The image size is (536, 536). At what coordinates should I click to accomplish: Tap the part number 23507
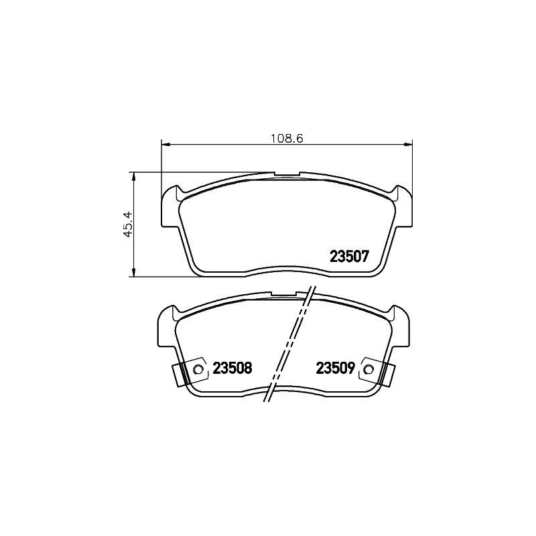click(349, 256)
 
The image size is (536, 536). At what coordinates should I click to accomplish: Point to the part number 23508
click(232, 368)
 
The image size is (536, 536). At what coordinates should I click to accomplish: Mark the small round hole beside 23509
click(367, 368)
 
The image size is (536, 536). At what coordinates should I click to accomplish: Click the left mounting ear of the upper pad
click(170, 208)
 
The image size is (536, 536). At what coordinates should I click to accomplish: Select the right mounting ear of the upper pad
click(403, 208)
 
